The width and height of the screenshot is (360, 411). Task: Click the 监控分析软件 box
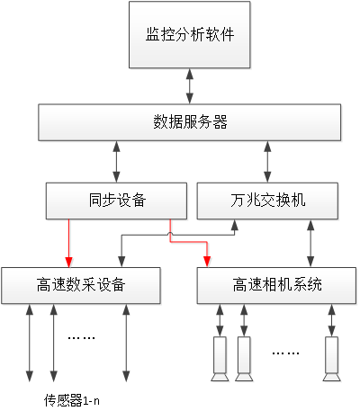(190, 35)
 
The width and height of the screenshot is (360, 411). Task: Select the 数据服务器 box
(190, 122)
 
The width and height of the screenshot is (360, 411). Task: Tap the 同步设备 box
(116, 201)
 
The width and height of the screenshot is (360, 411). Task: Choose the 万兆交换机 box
(267, 201)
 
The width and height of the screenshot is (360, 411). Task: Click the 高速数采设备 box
(81, 285)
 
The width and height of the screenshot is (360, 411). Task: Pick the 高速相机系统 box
(276, 285)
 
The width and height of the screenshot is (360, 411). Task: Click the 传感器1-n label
(72, 400)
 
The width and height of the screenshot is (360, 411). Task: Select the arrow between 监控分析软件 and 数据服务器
(190, 86)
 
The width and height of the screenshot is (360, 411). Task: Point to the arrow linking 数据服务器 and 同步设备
(116, 162)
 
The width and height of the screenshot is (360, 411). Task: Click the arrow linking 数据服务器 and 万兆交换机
(267, 162)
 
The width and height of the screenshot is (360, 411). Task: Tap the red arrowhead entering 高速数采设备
(69, 262)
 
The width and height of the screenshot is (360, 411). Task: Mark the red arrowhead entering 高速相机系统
(207, 262)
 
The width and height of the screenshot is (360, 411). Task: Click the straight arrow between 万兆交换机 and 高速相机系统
(310, 244)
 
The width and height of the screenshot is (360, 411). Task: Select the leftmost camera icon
(220, 359)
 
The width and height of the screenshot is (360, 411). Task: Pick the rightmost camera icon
(331, 359)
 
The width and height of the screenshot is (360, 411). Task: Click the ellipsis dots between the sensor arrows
(81, 338)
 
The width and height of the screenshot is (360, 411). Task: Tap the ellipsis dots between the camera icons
(285, 353)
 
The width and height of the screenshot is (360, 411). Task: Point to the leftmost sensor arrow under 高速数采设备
(30, 344)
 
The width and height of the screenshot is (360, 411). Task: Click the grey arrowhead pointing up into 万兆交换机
(235, 225)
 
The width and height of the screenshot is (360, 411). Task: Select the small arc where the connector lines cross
(170, 234)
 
